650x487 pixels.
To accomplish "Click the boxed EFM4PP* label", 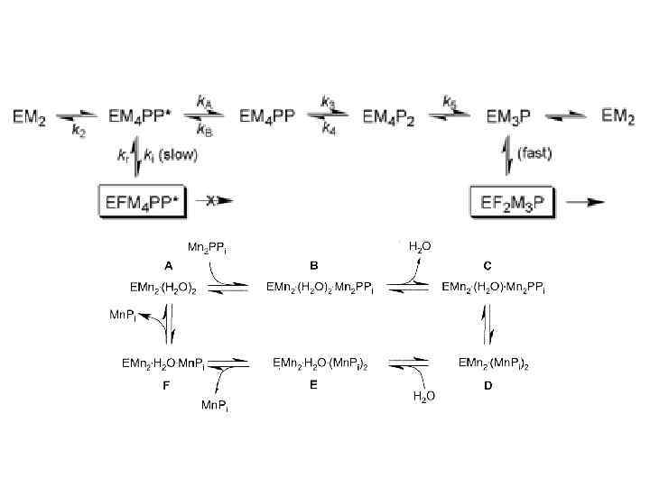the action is pyautogui.click(x=141, y=200).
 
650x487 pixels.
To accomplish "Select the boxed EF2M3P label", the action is pyautogui.click(x=514, y=200).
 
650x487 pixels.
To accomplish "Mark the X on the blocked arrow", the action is pyautogui.click(x=209, y=200).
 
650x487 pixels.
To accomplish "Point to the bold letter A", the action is pyautogui.click(x=168, y=265).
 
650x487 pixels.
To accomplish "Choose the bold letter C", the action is pyautogui.click(x=487, y=265).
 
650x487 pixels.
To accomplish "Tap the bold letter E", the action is pyautogui.click(x=312, y=384).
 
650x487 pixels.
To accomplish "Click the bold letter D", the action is pyautogui.click(x=487, y=384).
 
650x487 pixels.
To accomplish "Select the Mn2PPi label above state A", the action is pyautogui.click(x=207, y=246).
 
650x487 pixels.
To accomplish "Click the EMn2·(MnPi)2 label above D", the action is pyautogui.click(x=494, y=363).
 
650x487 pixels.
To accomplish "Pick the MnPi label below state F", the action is pyautogui.click(x=215, y=406).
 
